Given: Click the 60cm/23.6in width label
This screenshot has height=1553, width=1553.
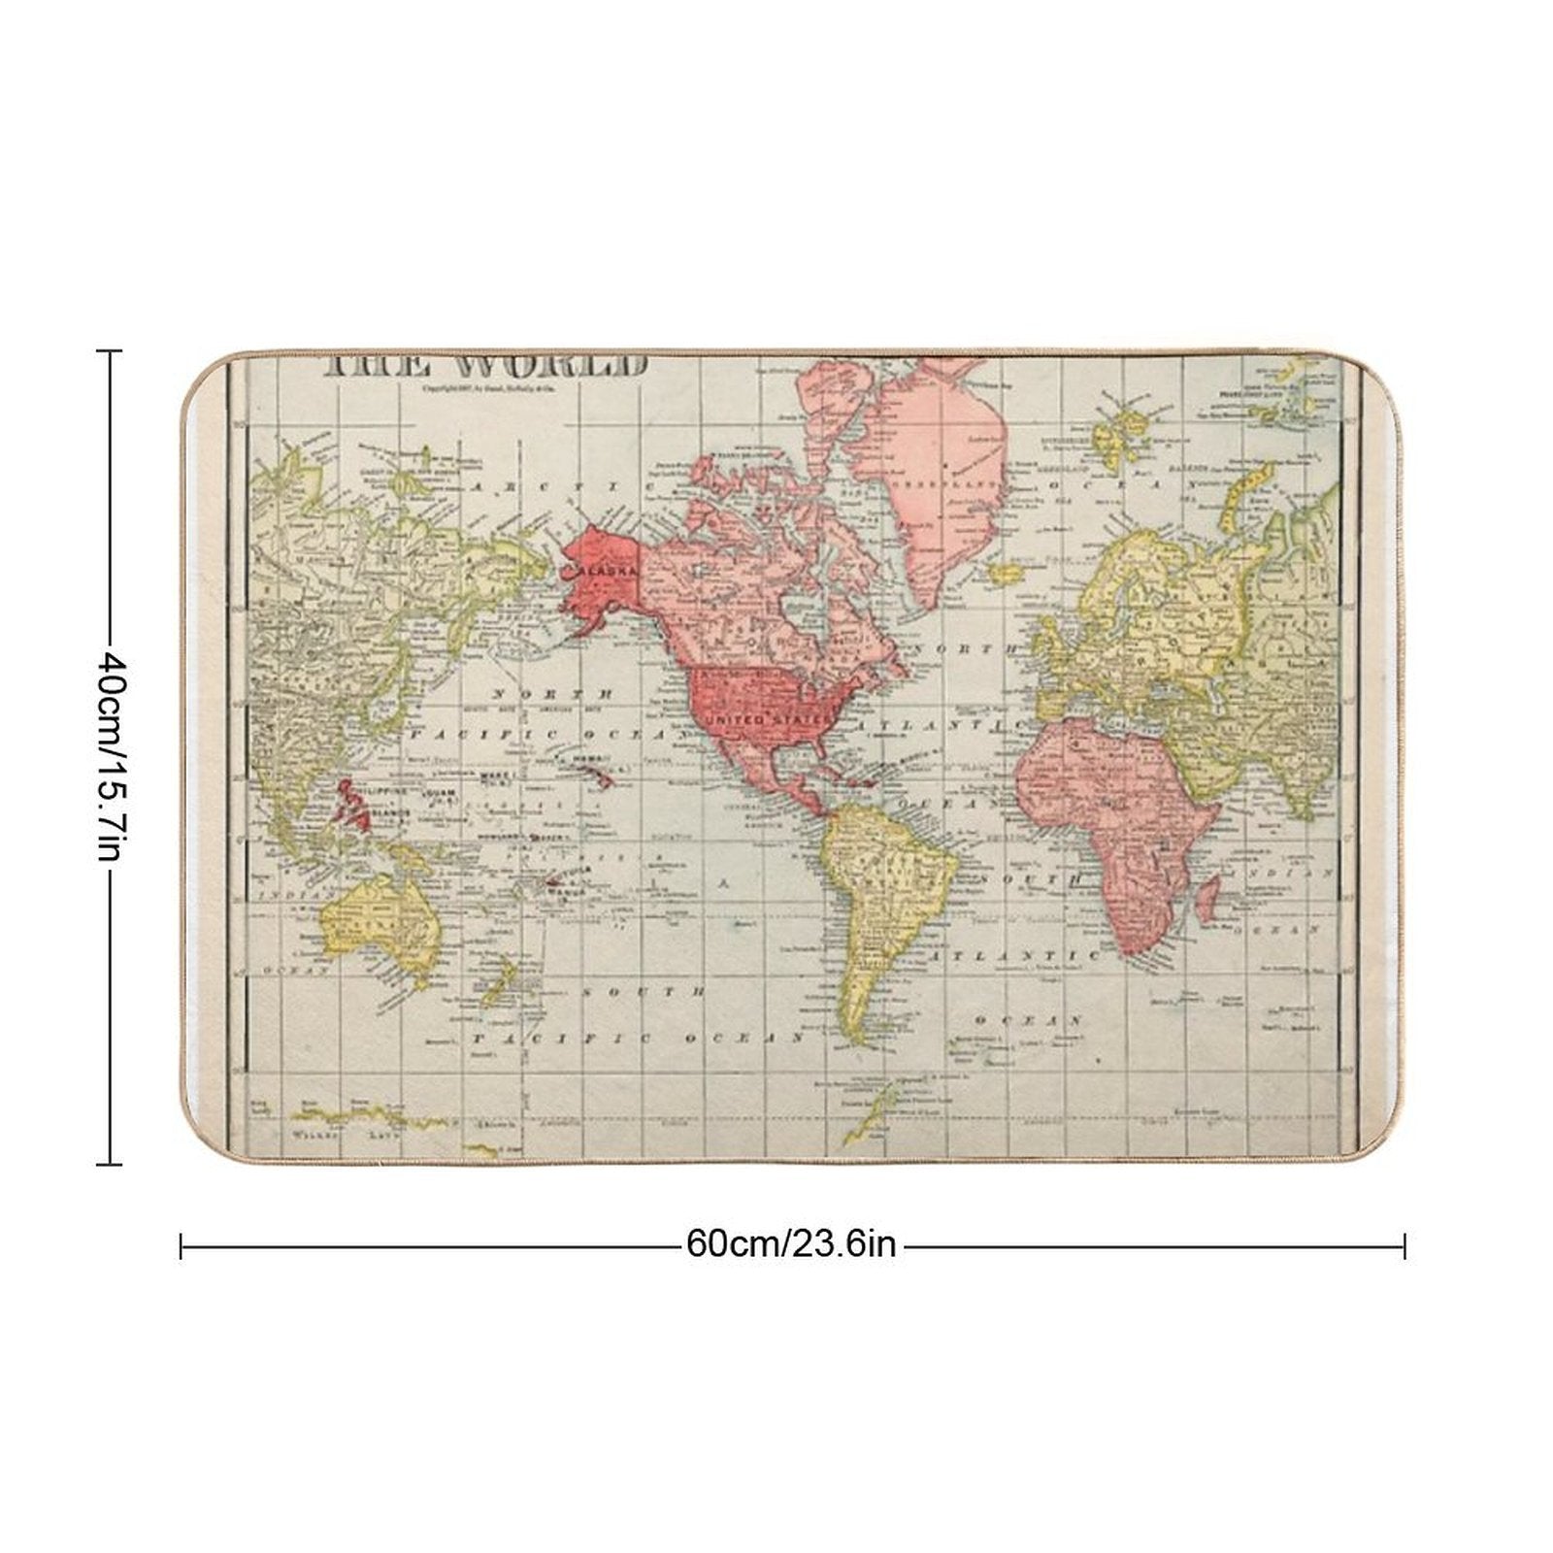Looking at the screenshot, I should [x=791, y=1243].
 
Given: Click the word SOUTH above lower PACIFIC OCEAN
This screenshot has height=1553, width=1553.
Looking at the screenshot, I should [x=644, y=992].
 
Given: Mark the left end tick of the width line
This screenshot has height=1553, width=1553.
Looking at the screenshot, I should [x=182, y=1245].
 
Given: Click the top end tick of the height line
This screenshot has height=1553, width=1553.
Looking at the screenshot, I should [x=109, y=350].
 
